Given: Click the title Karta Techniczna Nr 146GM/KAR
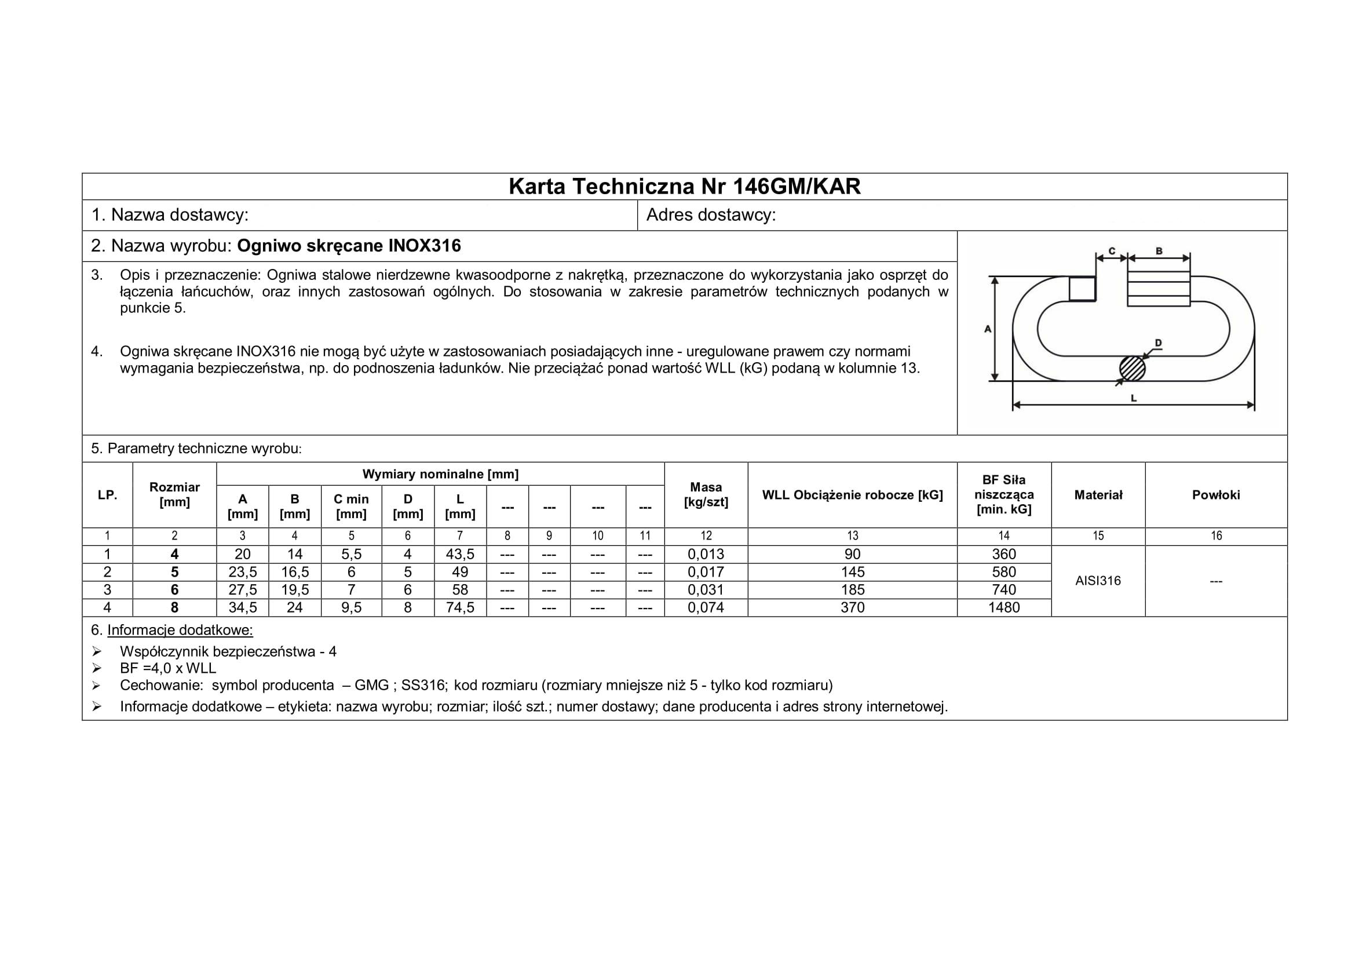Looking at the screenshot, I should coord(685,187).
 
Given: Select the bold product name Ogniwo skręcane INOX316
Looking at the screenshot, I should coord(349,246).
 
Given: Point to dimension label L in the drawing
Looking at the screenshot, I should coord(1134,398).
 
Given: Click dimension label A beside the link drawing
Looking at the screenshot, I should coord(987,329).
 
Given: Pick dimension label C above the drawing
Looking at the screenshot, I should coord(1112,251).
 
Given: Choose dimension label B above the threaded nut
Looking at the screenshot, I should coord(1159,251).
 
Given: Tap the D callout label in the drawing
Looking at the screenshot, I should coord(1158,343).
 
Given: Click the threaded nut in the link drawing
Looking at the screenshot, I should coord(1159,289).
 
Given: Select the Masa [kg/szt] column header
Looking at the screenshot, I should coord(706,494).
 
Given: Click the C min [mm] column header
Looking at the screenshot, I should coord(351,507).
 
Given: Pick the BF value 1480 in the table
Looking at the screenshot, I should coord(1004,607).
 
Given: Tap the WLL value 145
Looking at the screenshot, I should coord(852,572).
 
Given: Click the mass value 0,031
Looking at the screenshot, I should coord(706,589).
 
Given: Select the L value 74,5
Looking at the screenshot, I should coord(460,607).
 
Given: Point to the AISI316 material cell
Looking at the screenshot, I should coord(1098,581).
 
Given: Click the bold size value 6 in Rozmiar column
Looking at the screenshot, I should coord(175,589).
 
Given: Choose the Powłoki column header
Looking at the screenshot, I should coord(1216,494).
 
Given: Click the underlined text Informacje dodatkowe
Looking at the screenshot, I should coord(180,630).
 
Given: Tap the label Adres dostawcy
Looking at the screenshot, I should coord(711,215).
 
